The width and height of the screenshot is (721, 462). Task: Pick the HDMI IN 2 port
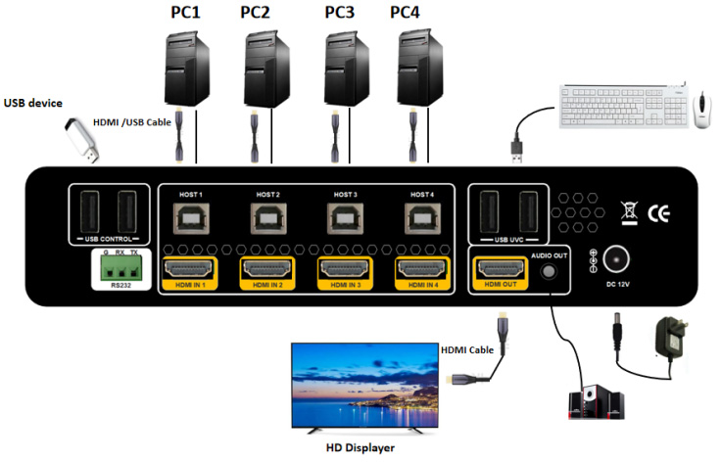point(267,270)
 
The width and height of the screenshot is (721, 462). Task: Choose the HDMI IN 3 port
point(345,270)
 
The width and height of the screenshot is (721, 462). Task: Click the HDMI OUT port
point(500,270)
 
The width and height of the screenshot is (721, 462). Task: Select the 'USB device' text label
point(33,102)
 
